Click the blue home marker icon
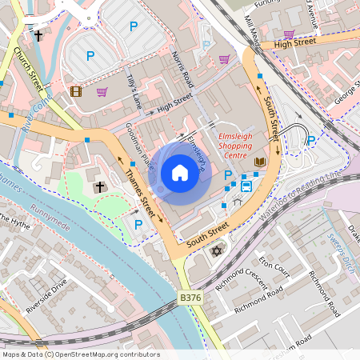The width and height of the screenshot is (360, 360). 180,173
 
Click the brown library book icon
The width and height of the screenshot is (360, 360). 259,162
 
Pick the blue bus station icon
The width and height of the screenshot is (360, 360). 246,186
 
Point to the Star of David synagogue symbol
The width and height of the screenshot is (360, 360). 215,251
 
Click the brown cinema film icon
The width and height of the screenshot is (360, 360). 76,92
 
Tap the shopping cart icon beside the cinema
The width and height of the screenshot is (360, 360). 102,92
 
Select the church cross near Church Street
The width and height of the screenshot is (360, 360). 38,36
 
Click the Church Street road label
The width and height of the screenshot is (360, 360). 26,67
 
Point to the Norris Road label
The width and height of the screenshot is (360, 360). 182,70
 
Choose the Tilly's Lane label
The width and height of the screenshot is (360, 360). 133,90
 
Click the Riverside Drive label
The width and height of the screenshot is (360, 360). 46,296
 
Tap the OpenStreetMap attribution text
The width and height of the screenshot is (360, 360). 80,354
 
